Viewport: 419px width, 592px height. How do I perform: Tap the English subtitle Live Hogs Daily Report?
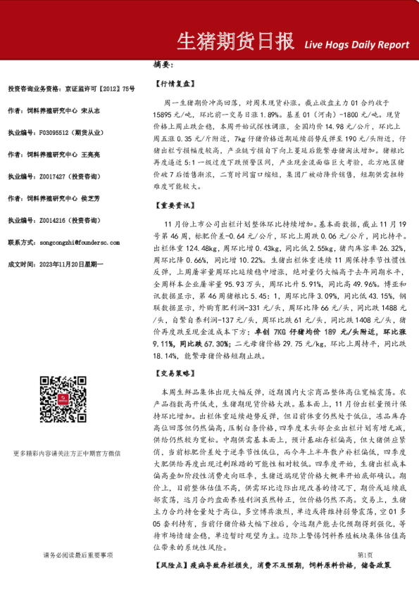[x=357, y=44]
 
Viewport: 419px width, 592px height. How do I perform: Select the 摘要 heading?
[x=163, y=65]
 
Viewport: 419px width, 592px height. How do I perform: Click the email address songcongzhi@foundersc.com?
[x=81, y=243]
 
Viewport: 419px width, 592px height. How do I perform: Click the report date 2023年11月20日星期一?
[x=75, y=264]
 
